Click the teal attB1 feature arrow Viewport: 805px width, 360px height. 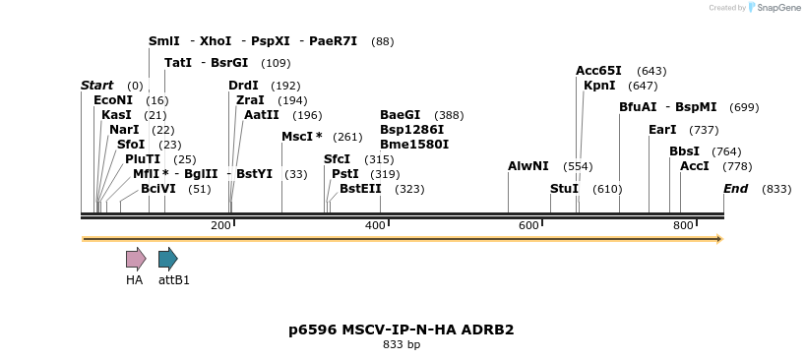(168, 259)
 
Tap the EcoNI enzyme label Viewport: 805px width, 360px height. (112, 100)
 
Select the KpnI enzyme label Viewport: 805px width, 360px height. (599, 86)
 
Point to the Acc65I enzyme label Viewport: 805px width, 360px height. (598, 71)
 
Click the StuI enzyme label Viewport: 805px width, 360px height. (564, 189)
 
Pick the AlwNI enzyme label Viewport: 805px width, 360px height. (528, 166)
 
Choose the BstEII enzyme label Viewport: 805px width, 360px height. (360, 189)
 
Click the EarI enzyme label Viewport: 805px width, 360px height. (662, 130)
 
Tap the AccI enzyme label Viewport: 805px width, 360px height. (694, 166)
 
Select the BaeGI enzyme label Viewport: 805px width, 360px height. (400, 115)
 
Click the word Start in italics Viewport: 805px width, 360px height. (96, 86)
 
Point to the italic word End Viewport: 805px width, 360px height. (735, 189)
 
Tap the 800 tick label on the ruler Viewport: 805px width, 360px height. (683, 226)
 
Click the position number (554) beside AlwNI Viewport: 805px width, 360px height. (578, 166)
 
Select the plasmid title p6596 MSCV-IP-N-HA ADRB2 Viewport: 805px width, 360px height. (401, 330)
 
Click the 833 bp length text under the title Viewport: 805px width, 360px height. (401, 345)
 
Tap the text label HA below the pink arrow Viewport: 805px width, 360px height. (134, 280)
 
